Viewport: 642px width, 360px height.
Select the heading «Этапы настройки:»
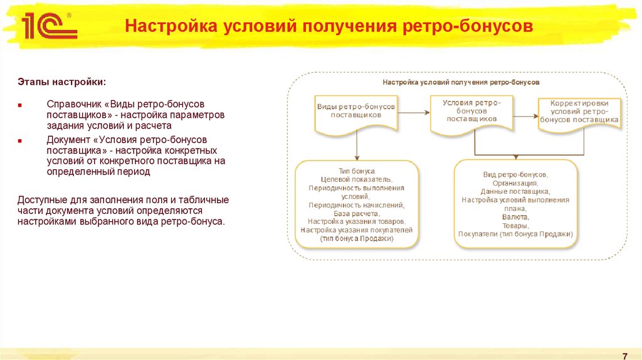click(x=61, y=82)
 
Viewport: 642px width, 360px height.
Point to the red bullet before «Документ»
click(x=20, y=141)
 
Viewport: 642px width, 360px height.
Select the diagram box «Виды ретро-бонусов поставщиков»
click(x=356, y=112)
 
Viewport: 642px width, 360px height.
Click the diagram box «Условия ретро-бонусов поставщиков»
click(x=471, y=110)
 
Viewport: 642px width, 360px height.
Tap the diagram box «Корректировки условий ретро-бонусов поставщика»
click(x=579, y=112)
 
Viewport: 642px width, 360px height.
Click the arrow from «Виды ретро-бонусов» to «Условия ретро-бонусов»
click(x=414, y=112)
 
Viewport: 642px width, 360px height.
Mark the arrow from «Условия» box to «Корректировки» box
click(x=524, y=113)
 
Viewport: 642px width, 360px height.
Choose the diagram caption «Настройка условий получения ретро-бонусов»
click(x=461, y=82)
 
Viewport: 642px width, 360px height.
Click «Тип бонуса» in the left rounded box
click(x=356, y=171)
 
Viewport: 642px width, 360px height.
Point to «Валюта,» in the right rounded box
click(x=515, y=216)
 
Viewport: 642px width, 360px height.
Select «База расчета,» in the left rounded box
click(x=356, y=213)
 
